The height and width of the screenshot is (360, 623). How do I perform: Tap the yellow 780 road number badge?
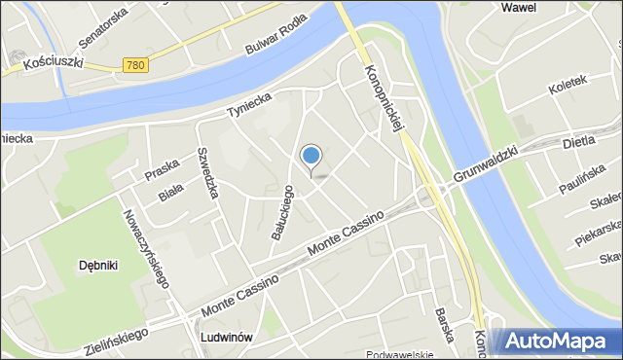click(135, 64)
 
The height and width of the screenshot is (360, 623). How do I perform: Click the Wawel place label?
click(518, 8)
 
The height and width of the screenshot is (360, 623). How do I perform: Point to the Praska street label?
click(161, 170)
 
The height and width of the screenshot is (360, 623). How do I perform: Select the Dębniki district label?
click(98, 265)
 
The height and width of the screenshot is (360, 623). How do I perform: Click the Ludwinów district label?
click(226, 338)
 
